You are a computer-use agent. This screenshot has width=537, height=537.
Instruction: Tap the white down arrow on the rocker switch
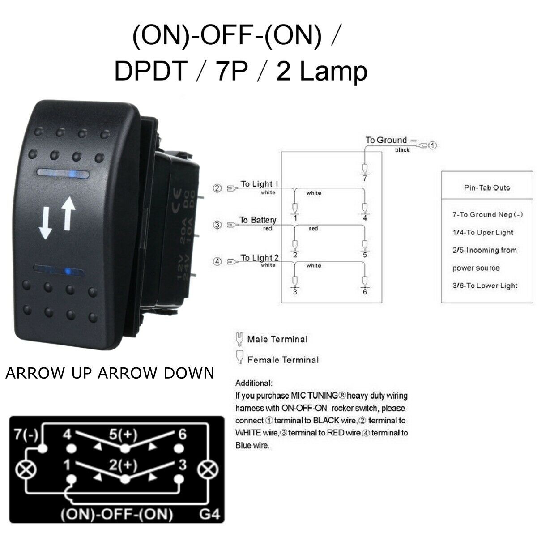point(45,223)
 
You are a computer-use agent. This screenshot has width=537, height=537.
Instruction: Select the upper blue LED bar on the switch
point(63,173)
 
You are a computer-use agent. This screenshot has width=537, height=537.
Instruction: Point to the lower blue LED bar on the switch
point(59,271)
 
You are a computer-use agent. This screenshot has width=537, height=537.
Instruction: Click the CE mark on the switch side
point(177,200)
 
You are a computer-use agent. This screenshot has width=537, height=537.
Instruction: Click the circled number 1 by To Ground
point(432,145)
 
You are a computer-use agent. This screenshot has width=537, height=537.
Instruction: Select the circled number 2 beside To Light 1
point(217,188)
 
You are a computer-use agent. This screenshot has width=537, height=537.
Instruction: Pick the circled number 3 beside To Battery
point(217,225)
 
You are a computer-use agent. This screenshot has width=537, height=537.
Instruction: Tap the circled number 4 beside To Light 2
point(217,261)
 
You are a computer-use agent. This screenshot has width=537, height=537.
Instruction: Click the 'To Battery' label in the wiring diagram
point(258,220)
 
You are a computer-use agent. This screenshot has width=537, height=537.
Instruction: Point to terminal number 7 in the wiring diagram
point(365,179)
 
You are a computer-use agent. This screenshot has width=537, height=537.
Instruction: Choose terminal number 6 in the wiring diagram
point(365,292)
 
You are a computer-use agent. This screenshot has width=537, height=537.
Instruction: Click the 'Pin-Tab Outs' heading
point(487,188)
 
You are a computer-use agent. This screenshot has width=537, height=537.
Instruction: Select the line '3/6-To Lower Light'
point(485,286)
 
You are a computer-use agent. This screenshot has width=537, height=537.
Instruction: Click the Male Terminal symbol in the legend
point(239,339)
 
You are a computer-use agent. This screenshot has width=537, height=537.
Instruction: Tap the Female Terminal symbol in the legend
point(239,357)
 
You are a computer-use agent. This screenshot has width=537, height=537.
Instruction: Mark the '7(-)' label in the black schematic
point(26,434)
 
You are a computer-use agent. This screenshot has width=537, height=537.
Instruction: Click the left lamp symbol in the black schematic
point(26,470)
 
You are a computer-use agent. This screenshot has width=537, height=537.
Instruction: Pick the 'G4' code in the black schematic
point(209,514)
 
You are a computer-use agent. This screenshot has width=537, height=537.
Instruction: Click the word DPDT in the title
point(151,71)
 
